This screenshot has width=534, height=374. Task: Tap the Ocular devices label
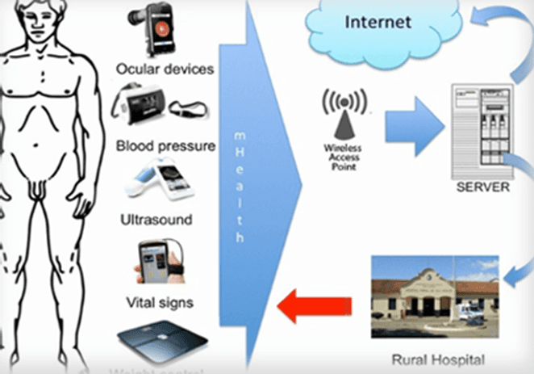pyautogui.click(x=165, y=69)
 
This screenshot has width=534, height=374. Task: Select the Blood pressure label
pyautogui.click(x=165, y=146)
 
